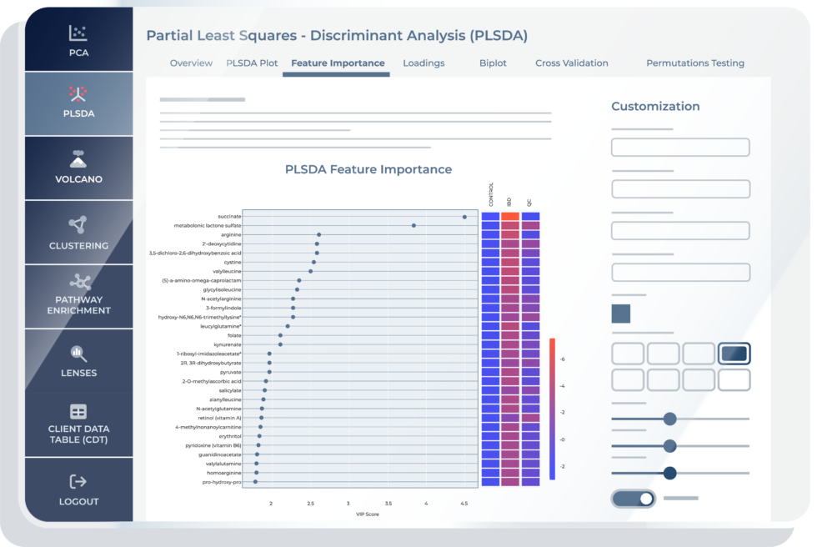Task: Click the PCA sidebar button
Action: [x=78, y=41]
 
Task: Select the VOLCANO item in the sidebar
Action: [x=78, y=168]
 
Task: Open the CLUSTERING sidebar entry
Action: [x=78, y=233]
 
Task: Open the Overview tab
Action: [x=191, y=63]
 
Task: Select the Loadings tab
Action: [x=424, y=63]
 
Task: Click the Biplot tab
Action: [x=493, y=63]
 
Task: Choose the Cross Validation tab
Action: [x=571, y=63]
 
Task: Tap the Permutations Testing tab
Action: [x=695, y=63]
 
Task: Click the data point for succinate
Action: [x=464, y=217]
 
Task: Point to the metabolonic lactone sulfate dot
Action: [x=414, y=225]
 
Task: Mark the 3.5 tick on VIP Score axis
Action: [x=388, y=504]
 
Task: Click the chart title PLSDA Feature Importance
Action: [x=368, y=169]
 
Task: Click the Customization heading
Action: [x=655, y=107]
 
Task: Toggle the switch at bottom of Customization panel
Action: [x=634, y=499]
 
